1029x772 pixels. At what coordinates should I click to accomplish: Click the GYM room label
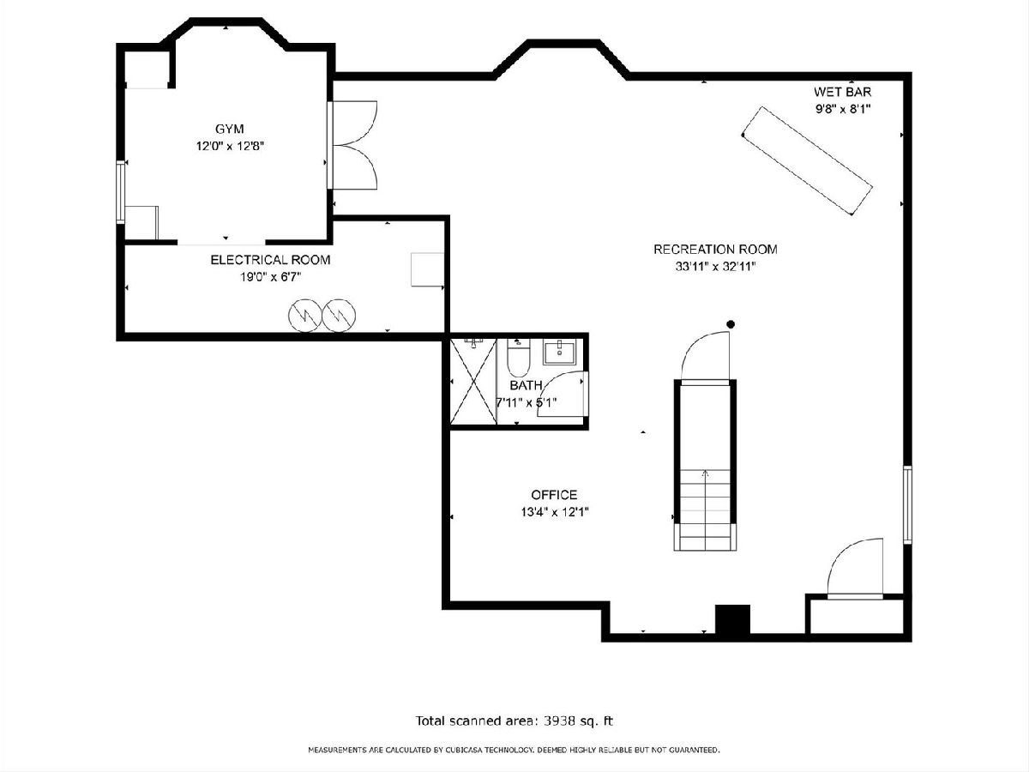pyautogui.click(x=229, y=129)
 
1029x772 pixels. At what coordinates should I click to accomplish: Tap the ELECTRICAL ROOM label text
pyautogui.click(x=270, y=260)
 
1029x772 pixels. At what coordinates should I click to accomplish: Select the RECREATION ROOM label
pyautogui.click(x=715, y=250)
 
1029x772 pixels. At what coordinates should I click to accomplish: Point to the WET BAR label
pyautogui.click(x=842, y=92)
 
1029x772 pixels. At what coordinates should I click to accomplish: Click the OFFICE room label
pyautogui.click(x=554, y=495)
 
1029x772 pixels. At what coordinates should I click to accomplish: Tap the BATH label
pyautogui.click(x=526, y=385)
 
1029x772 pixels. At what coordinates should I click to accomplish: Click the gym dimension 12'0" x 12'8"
pyautogui.click(x=230, y=146)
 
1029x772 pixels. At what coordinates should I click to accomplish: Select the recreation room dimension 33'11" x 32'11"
pyautogui.click(x=715, y=267)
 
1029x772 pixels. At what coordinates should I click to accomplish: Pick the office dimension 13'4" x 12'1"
pyautogui.click(x=555, y=512)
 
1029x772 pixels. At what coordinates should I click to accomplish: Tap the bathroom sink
pyautogui.click(x=560, y=353)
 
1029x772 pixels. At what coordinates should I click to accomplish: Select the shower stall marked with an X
pyautogui.click(x=473, y=382)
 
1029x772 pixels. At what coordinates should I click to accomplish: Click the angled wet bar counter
pyautogui.click(x=807, y=160)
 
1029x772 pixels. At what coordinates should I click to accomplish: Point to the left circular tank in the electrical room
pyautogui.click(x=304, y=316)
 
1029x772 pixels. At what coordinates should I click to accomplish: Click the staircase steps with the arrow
pyautogui.click(x=705, y=510)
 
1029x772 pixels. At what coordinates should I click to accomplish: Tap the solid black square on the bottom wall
pyautogui.click(x=732, y=619)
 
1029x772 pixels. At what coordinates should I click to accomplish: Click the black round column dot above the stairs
pyautogui.click(x=731, y=324)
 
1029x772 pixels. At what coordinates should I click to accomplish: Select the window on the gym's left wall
pyautogui.click(x=121, y=192)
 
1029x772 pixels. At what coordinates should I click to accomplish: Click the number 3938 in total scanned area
pyautogui.click(x=559, y=721)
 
